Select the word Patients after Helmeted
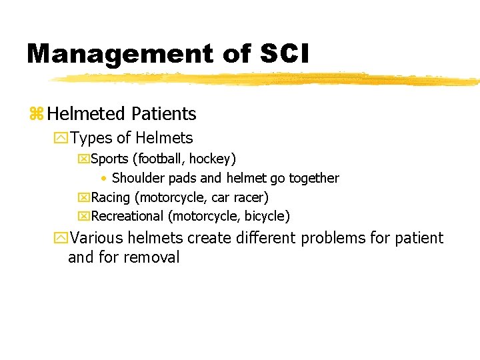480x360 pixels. point(163,114)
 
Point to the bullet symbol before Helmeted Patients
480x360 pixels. point(36,115)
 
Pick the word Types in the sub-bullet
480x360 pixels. point(91,138)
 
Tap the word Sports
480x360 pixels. point(111,159)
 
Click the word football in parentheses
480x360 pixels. point(162,159)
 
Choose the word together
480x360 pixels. point(313,178)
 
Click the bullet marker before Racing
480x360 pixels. point(83,197)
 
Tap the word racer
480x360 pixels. point(249,197)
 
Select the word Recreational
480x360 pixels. point(127,216)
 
